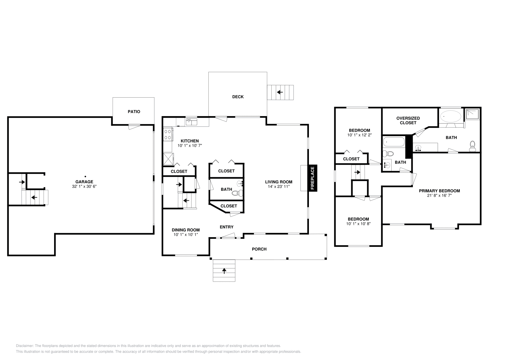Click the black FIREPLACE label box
coord(312,178)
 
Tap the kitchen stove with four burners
coord(168,134)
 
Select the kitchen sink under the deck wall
coord(191,122)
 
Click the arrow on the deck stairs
coord(280,92)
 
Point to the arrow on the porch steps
coord(224,271)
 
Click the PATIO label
coord(134,112)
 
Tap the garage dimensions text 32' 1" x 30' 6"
coord(84,186)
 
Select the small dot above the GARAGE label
coord(85,176)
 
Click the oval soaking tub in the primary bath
coord(451,116)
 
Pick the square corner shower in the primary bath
coord(472,114)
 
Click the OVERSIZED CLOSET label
coord(408,120)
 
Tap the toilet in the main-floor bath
coord(237,193)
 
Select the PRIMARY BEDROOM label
coord(439,191)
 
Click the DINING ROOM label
coord(185,230)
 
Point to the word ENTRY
coord(227,227)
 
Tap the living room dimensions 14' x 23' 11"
coord(279,187)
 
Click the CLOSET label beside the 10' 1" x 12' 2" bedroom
coord(351,159)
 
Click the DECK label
coord(238,97)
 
